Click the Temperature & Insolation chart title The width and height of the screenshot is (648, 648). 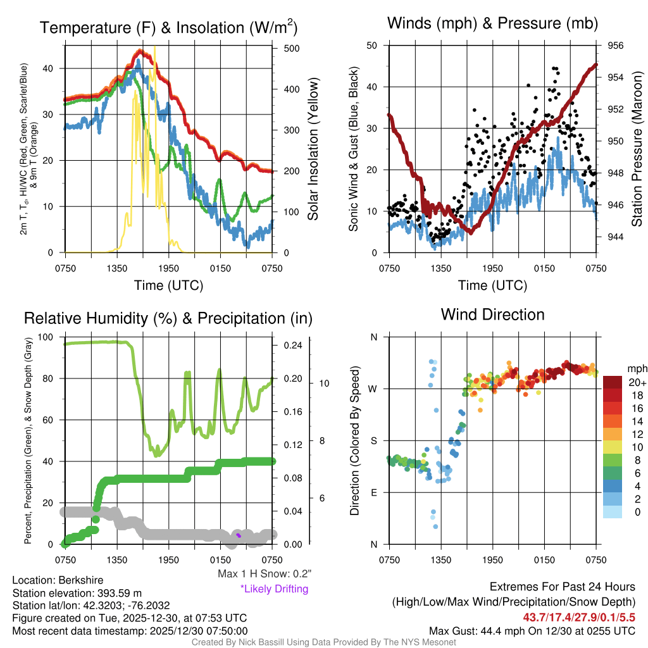[x=168, y=28]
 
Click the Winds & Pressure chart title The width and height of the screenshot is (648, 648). [x=493, y=24]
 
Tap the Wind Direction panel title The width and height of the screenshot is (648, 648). [x=493, y=315]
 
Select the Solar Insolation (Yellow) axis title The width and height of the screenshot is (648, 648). [x=313, y=149]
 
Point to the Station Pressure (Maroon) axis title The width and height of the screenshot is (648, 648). [x=637, y=149]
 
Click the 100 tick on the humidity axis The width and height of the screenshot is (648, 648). [x=46, y=337]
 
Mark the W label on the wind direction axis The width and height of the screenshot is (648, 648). [x=374, y=389]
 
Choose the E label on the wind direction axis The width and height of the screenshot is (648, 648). [x=375, y=493]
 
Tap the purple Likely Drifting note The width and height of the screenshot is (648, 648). [x=274, y=589]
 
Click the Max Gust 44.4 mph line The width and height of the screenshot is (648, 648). [x=532, y=631]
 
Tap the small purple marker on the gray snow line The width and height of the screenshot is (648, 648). [x=239, y=535]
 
